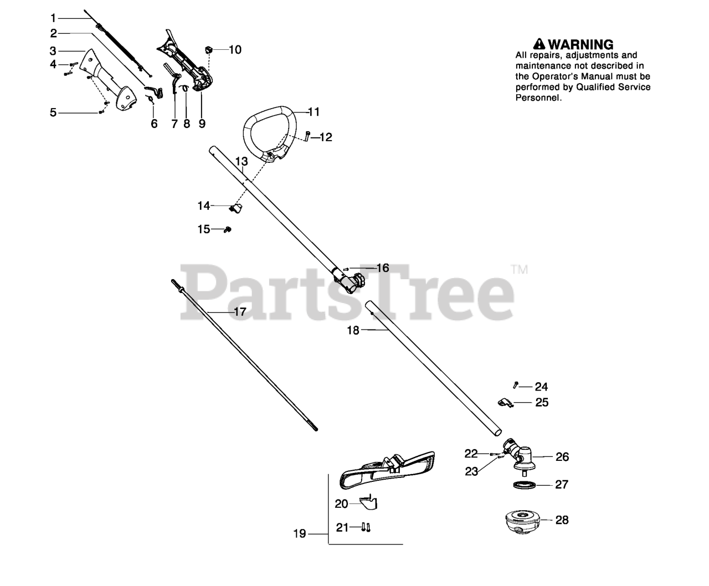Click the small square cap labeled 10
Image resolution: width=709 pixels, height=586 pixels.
tap(209, 50)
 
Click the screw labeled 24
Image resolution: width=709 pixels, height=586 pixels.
tap(516, 385)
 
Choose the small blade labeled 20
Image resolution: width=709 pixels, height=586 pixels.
tap(367, 502)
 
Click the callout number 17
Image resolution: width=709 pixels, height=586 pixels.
tap(240, 312)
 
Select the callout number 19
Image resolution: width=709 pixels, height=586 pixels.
tap(300, 534)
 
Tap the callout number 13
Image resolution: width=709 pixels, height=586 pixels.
tap(242, 161)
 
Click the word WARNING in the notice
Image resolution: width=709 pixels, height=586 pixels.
tap(581, 44)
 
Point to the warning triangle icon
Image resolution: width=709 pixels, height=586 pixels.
tap(540, 44)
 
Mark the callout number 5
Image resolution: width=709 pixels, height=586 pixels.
tap(53, 113)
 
